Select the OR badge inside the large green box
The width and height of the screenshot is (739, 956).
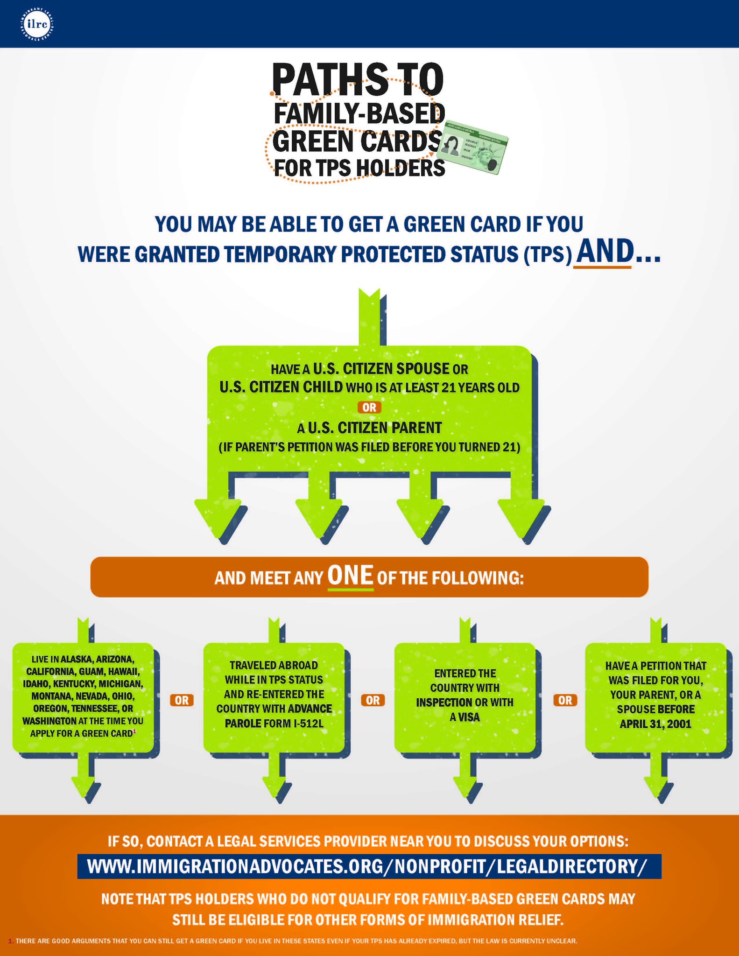click(369, 408)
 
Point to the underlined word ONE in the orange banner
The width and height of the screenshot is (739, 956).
click(351, 576)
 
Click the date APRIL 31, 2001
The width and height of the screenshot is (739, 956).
click(655, 724)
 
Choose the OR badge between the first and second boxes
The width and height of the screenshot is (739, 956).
click(182, 700)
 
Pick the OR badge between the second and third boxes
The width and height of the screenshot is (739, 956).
click(373, 700)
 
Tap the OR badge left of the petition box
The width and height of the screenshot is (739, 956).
click(565, 700)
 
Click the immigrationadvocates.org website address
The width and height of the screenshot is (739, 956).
click(369, 867)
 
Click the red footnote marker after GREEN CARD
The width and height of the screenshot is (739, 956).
click(134, 731)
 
